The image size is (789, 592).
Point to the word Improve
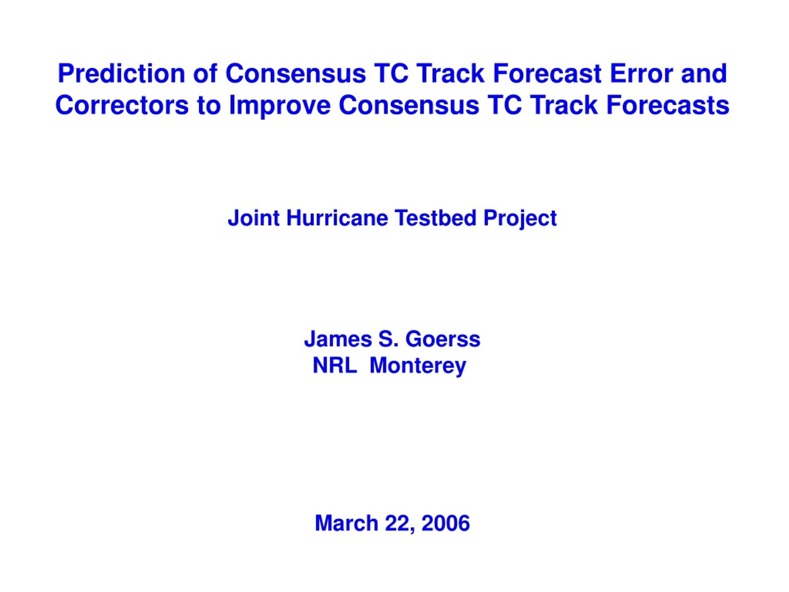(x=280, y=106)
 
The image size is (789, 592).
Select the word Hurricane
(x=337, y=218)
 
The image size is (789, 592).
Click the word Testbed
(x=435, y=218)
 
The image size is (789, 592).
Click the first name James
(x=338, y=339)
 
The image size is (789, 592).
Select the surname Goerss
(x=443, y=339)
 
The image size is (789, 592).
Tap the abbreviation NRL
(x=335, y=365)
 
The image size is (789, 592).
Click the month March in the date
(x=346, y=523)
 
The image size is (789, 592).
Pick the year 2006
(x=445, y=523)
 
